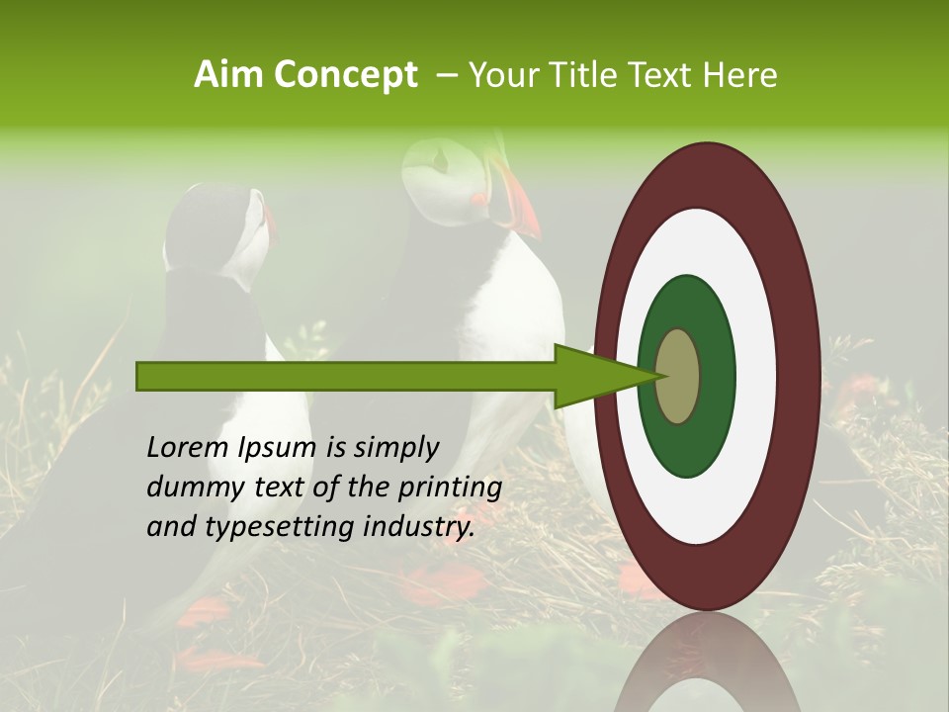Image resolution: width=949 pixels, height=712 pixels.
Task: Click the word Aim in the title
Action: point(228,75)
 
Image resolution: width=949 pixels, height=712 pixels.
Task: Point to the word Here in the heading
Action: point(739,75)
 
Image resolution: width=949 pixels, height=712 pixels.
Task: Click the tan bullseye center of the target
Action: point(677,376)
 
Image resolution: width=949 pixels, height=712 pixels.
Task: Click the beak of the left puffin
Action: point(268,222)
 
